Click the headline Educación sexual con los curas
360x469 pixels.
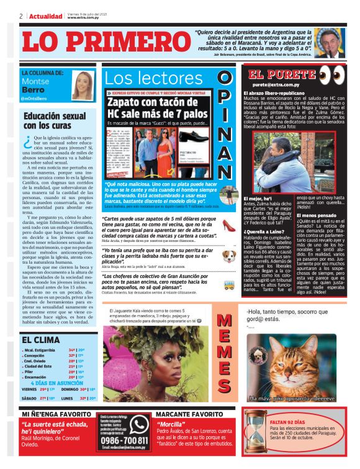tap(55, 120)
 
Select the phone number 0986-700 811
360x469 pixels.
tap(124, 439)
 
